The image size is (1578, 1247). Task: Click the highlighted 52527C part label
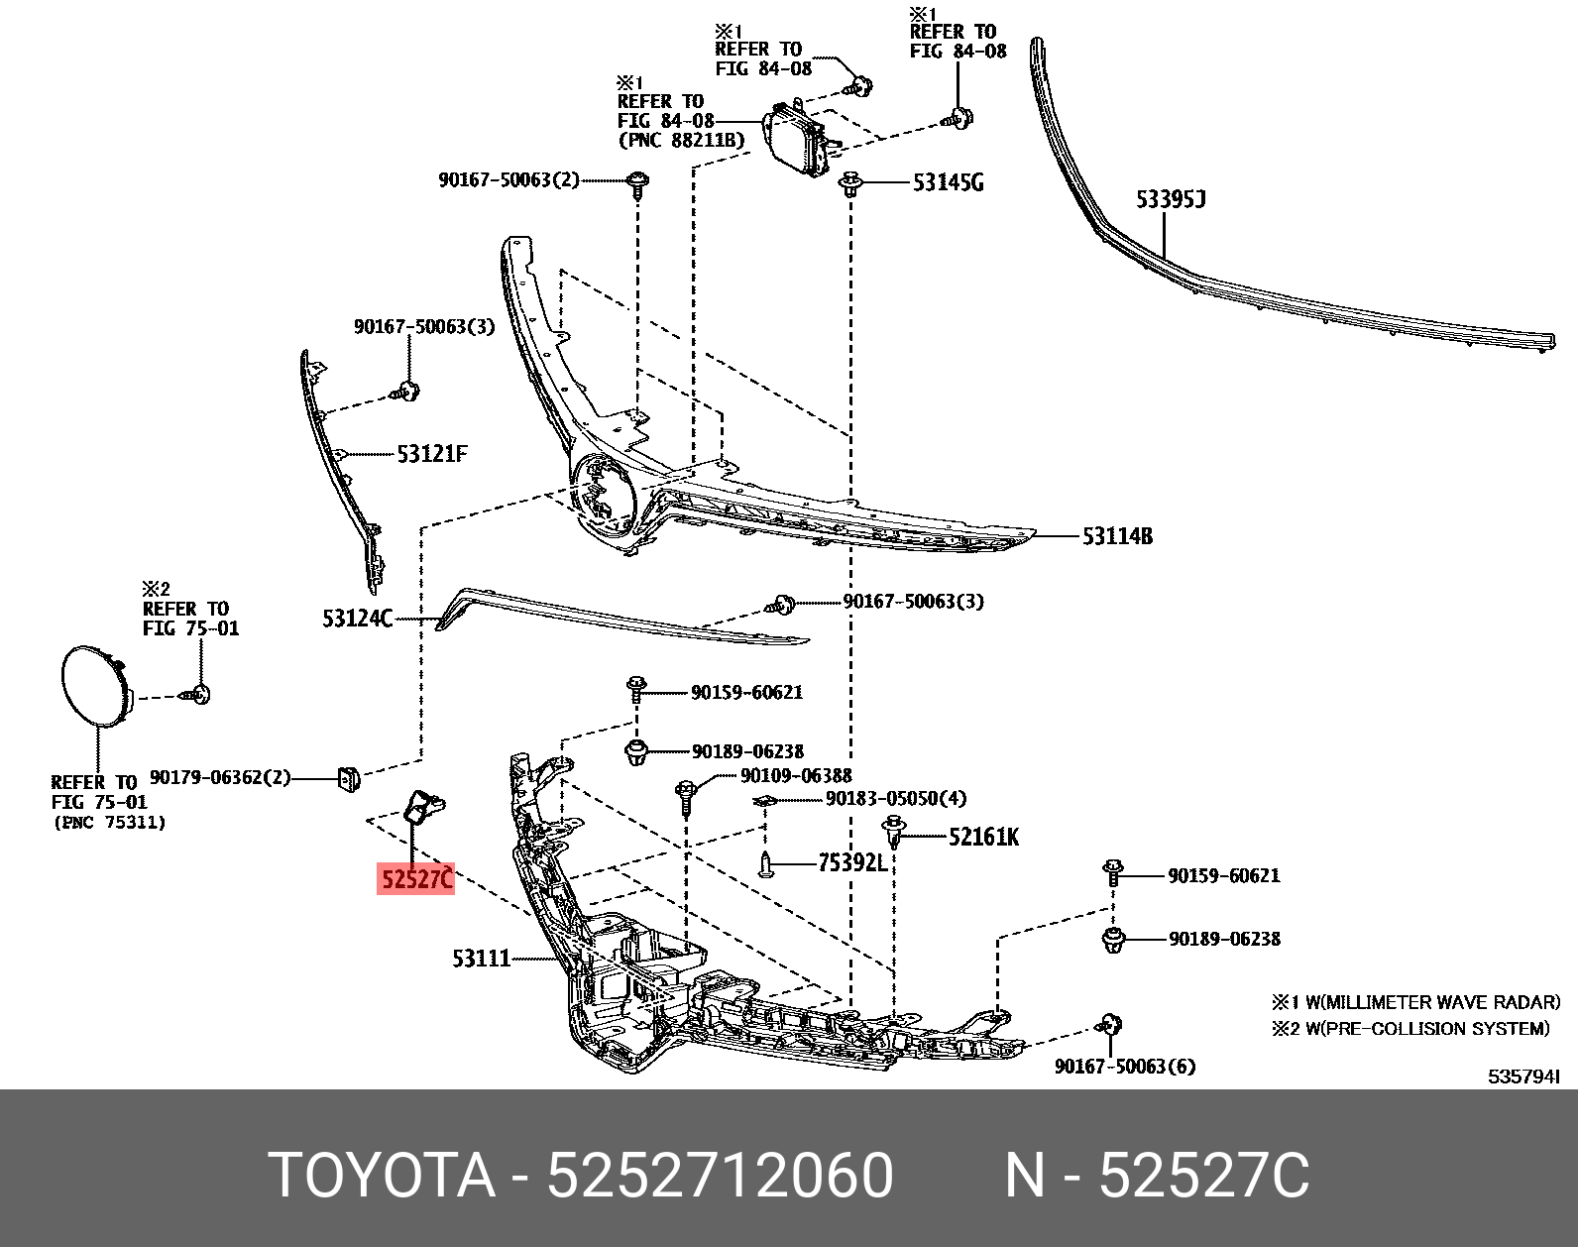pyautogui.click(x=416, y=878)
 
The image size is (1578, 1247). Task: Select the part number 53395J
pyautogui.click(x=1170, y=200)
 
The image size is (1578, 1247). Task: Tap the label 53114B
pyautogui.click(x=1117, y=536)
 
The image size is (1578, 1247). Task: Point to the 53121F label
pyautogui.click(x=431, y=454)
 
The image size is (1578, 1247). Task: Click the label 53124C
pyautogui.click(x=357, y=619)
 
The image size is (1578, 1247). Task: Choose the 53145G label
pyautogui.click(x=948, y=182)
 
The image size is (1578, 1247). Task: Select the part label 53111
pyautogui.click(x=481, y=959)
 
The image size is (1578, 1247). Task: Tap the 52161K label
pyautogui.click(x=983, y=837)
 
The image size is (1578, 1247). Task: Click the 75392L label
pyautogui.click(x=851, y=863)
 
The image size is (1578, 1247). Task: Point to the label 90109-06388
pyautogui.click(x=796, y=775)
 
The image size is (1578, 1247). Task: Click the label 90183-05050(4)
pyautogui.click(x=895, y=798)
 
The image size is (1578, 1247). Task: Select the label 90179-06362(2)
pyautogui.click(x=220, y=777)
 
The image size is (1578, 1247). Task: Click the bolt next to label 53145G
pyautogui.click(x=850, y=184)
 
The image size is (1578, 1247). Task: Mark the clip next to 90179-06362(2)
pyautogui.click(x=347, y=780)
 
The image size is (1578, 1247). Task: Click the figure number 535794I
pyautogui.click(x=1523, y=1077)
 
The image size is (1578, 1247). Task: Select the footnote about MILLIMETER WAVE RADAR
pyautogui.click(x=1416, y=1002)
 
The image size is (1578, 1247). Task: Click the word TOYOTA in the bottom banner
pyautogui.click(x=382, y=1177)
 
